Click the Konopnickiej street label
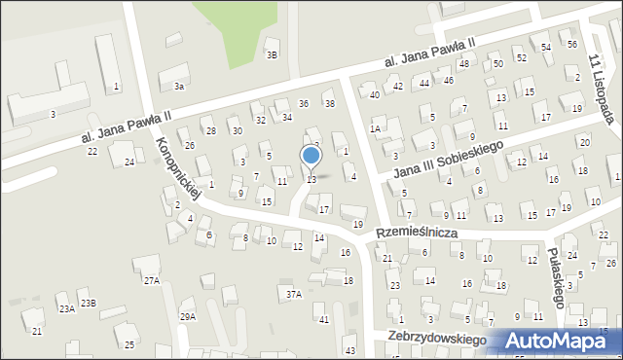176,168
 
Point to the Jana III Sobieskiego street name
447,159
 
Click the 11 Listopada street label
600,87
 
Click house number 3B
273,54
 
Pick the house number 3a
179,87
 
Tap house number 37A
293,293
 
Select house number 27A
152,280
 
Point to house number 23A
66,308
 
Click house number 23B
89,304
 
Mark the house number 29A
188,316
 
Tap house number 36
303,104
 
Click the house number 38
329,104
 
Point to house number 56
572,45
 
